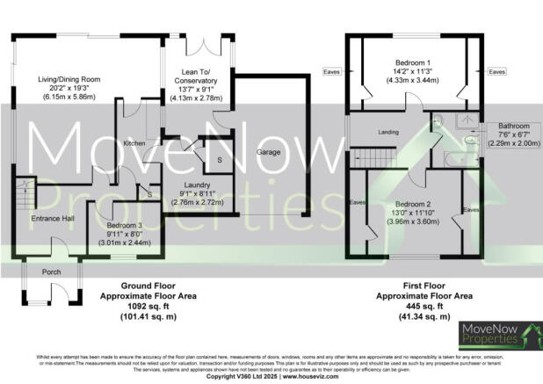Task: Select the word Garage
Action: point(267,153)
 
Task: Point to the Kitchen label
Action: point(134,142)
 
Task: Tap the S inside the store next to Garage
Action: point(219,159)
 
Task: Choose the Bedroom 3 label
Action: point(114,225)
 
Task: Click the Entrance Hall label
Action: point(51,217)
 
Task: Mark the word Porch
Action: point(52,272)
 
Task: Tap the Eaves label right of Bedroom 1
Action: point(496,71)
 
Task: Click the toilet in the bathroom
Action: point(471,138)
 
